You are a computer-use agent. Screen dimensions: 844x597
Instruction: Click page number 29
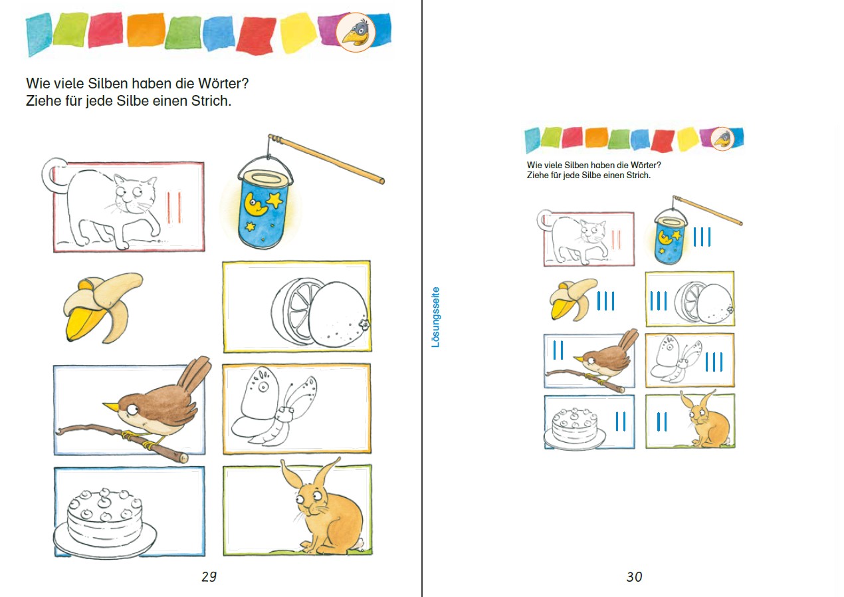pos(209,576)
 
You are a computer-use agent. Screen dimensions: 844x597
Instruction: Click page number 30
pos(634,576)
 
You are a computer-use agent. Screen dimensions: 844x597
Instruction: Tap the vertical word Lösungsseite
pos(435,317)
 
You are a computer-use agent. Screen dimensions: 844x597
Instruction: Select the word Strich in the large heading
pos(211,100)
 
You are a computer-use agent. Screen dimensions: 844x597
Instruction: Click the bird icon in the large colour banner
pos(356,32)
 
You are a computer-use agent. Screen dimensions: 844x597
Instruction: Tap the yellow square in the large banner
pos(298,33)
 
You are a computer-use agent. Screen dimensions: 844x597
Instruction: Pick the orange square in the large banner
pos(146,30)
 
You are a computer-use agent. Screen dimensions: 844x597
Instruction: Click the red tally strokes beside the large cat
pos(174,207)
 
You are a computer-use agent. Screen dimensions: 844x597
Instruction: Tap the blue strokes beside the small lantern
pos(702,237)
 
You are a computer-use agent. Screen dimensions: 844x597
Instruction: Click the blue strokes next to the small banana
pos(605,300)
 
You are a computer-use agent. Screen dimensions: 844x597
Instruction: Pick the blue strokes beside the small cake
pos(621,421)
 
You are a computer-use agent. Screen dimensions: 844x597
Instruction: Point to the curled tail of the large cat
pos(51,176)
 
